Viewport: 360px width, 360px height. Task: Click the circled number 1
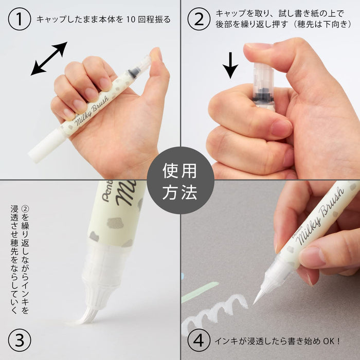pyautogui.click(x=20, y=20)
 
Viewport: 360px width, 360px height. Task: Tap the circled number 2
pyautogui.click(x=199, y=20)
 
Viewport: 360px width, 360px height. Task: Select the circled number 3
pyautogui.click(x=20, y=340)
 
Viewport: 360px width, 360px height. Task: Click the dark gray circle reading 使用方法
pyautogui.click(x=180, y=180)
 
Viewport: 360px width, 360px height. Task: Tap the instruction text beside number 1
pyautogui.click(x=103, y=20)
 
